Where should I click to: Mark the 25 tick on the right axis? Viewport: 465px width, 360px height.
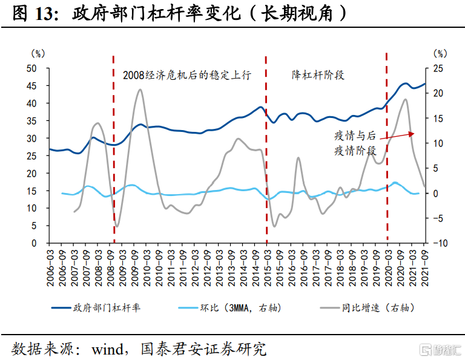[x=441, y=68]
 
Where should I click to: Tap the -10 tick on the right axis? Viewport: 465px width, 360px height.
[x=442, y=243]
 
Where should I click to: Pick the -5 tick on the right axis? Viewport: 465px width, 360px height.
[x=440, y=218]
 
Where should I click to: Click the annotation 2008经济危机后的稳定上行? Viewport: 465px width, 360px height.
[x=186, y=75]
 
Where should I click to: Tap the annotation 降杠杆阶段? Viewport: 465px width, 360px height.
[x=318, y=75]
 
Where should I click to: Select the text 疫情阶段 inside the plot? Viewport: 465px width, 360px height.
[x=355, y=150]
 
